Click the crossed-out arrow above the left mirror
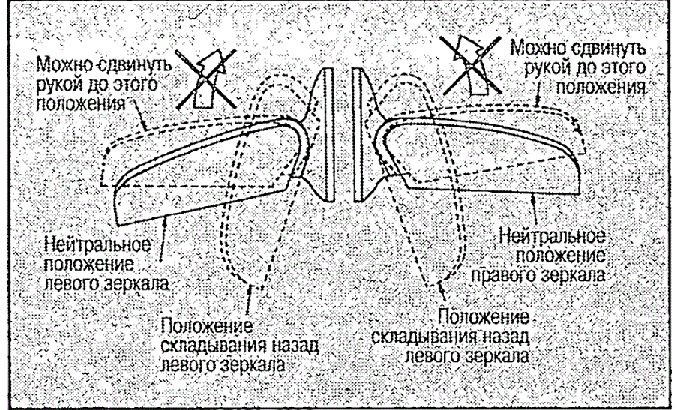click(207, 78)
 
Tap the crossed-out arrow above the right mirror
click(472, 66)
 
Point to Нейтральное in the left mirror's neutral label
click(98, 245)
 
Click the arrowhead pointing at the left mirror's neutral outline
click(165, 220)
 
